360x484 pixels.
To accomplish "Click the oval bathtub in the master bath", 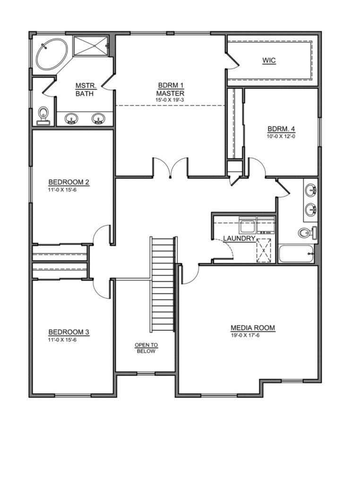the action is pos(52,55).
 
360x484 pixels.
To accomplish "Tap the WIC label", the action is pos(269,60).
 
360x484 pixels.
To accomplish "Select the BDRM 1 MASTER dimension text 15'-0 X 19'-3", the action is pos(170,100).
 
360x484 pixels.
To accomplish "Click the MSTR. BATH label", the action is pos(85,89).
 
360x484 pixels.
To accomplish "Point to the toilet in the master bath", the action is pos(43,115).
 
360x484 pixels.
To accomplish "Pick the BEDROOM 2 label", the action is pos(69,182).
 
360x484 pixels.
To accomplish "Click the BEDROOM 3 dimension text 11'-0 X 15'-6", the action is pos(62,339).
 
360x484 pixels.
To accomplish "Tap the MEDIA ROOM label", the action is pos(253,328).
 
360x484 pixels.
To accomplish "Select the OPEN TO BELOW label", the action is pos(146,348).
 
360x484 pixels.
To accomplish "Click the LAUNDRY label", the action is pos(240,238).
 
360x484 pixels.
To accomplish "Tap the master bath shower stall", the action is pos(91,46).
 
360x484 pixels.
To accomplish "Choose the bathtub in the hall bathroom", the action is pos(296,254).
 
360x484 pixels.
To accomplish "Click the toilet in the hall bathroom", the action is pos(308,233).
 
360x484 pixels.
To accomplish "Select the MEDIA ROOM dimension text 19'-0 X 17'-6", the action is pos(245,335).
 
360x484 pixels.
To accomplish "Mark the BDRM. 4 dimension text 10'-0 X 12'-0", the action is pos(281,136).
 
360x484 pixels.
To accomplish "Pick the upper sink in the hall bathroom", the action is pos(311,189).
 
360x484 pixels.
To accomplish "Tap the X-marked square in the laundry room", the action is pos(263,251).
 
